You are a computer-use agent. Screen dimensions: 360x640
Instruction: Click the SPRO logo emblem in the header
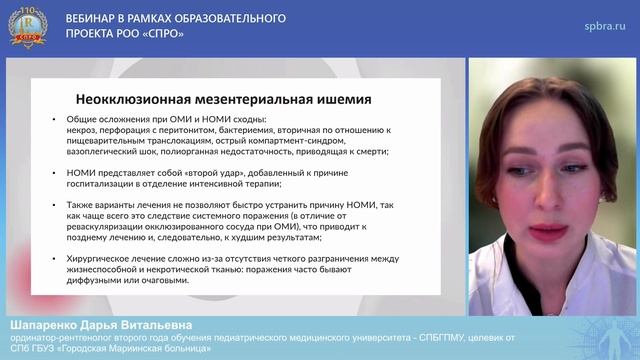pyautogui.click(x=28, y=27)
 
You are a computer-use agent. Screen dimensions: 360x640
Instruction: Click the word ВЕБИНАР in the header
pyautogui.click(x=94, y=19)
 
